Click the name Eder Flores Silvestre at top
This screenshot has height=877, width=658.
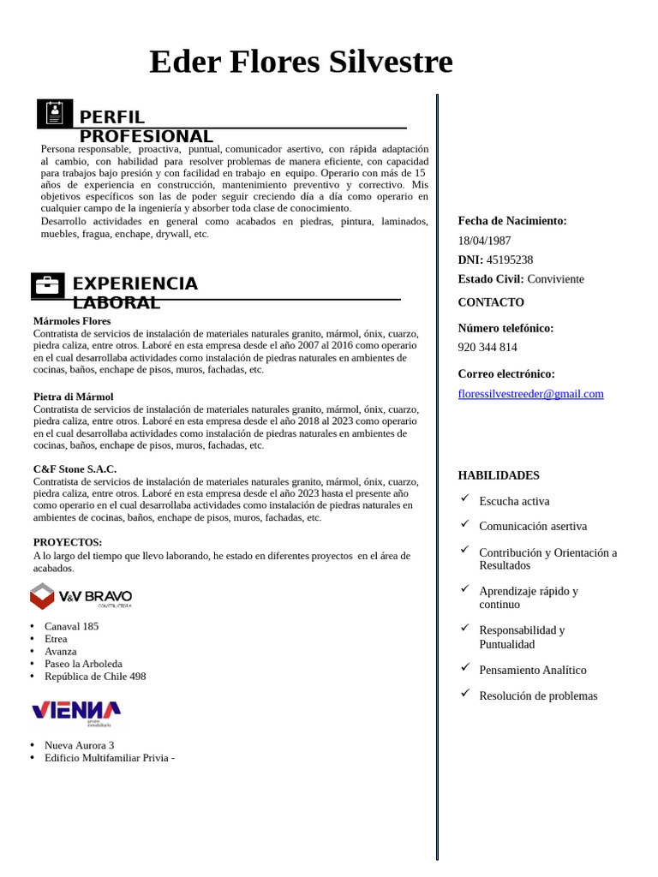(x=301, y=63)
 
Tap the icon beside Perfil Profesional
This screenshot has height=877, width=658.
(x=55, y=114)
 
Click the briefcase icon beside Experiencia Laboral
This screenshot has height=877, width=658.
(x=48, y=285)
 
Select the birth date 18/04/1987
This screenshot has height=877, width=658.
(x=484, y=241)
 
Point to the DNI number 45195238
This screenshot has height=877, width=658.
(x=510, y=260)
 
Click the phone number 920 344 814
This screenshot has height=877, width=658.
(x=488, y=347)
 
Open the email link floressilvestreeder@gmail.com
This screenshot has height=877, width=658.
(x=530, y=394)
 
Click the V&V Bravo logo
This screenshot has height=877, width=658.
(x=81, y=596)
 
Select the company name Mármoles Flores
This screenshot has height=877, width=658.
(x=72, y=321)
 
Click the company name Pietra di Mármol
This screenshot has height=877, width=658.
(x=73, y=397)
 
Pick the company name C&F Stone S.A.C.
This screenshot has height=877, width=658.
(x=75, y=469)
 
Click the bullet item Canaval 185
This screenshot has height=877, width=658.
(x=71, y=626)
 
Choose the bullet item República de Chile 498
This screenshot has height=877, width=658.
(x=95, y=677)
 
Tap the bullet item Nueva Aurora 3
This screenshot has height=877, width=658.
(x=79, y=745)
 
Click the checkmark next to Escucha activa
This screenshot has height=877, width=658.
(x=465, y=498)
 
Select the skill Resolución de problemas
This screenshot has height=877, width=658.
(x=538, y=695)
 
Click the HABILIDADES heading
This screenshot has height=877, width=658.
(x=499, y=475)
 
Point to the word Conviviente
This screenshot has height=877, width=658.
(x=555, y=279)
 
